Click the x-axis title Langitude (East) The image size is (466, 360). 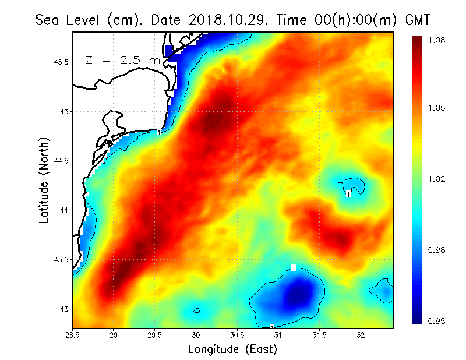[x=232, y=349]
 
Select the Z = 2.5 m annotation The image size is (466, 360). [x=122, y=60]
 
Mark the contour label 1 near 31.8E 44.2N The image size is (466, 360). [x=348, y=194]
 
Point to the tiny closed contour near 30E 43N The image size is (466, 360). [x=197, y=310]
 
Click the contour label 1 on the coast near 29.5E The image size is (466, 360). [x=159, y=132]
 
